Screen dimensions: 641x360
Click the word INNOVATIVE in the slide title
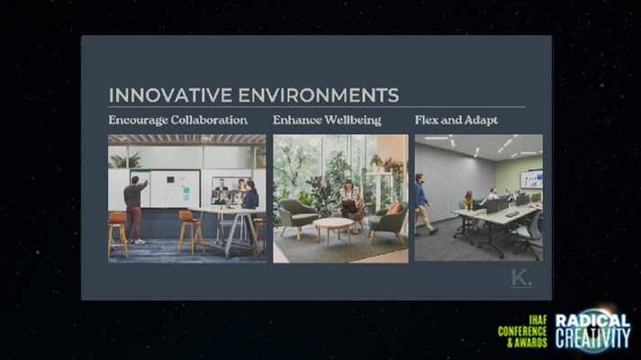[x=170, y=95]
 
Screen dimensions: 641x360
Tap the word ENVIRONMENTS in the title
[x=319, y=95]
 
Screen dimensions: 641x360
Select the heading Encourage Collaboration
[x=178, y=120]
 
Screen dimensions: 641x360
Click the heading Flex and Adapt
[x=456, y=120]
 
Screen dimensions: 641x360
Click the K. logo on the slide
[x=521, y=278]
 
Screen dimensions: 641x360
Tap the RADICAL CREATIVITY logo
[x=592, y=330]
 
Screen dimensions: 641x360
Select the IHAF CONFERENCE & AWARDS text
[x=522, y=331]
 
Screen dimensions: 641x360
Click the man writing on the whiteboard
[x=134, y=209]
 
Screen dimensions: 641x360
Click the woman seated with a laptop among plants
[x=350, y=204]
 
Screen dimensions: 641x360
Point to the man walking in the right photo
[x=424, y=204]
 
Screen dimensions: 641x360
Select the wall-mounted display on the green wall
[x=531, y=180]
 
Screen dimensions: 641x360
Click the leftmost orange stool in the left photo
[x=118, y=234]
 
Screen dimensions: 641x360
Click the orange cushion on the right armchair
[x=394, y=209]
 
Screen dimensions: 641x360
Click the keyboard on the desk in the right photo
[x=512, y=214]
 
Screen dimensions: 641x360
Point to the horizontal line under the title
[x=317, y=107]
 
